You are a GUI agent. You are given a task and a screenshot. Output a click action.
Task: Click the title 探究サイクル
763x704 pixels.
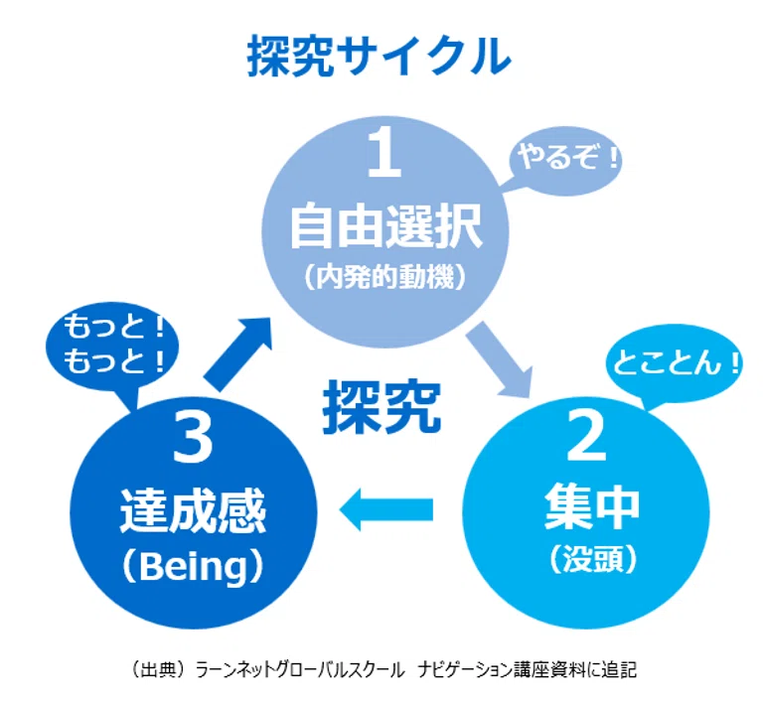380,56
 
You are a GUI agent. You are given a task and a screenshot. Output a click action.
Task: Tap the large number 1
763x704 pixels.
384,154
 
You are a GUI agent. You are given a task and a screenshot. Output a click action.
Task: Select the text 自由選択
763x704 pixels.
385,226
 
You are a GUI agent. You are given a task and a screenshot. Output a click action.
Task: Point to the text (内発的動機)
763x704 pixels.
385,278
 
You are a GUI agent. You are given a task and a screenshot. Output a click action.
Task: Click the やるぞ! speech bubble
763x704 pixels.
564,162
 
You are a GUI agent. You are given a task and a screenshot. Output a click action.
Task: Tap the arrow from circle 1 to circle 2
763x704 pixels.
500,358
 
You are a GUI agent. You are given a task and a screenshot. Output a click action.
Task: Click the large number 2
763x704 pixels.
586,436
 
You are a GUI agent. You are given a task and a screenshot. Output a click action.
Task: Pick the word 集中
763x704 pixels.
591,508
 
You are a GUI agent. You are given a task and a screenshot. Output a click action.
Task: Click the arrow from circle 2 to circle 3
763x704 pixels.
385,509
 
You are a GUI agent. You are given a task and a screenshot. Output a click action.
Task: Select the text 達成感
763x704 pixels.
193,511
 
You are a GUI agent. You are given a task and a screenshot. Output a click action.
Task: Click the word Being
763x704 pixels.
193,566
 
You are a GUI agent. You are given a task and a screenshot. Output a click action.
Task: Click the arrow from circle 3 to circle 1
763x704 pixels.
237,353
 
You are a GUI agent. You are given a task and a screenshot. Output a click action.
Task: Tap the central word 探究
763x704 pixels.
381,406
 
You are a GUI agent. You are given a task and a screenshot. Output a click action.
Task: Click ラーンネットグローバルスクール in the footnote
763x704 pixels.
299,670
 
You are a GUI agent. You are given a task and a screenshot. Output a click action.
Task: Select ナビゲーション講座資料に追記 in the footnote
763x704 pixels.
527,670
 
